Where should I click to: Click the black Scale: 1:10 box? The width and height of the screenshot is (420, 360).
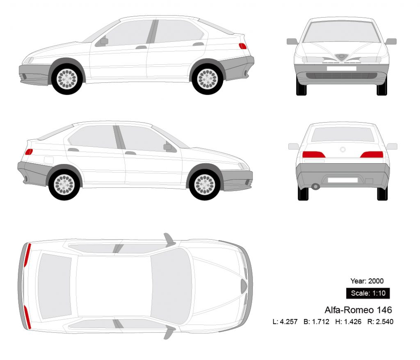[x=367, y=293]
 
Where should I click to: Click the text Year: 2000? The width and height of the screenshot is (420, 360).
[x=367, y=281]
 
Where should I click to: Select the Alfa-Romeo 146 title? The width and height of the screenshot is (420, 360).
[x=358, y=309]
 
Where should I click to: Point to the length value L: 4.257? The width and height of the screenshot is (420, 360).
[x=285, y=321]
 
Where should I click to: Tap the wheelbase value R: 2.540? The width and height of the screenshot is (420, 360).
[x=380, y=321]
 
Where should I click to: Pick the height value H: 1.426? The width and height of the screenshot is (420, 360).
[x=348, y=321]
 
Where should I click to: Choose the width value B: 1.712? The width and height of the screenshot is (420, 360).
[x=316, y=321]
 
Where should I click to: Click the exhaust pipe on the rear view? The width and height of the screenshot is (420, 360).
[x=315, y=187]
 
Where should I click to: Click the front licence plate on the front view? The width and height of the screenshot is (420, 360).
[x=341, y=68]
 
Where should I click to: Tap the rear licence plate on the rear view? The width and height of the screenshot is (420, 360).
[x=342, y=180]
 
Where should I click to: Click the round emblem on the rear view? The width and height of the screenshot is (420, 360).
[x=343, y=149]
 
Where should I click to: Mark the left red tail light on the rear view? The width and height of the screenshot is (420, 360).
[x=314, y=155]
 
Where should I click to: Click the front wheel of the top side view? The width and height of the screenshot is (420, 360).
[x=67, y=79]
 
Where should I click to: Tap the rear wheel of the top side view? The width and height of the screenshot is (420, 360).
[x=207, y=79]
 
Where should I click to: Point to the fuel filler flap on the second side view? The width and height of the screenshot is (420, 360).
[x=48, y=160]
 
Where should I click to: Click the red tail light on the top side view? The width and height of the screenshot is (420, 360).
[x=242, y=46]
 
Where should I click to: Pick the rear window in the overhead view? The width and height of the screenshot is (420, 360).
[x=54, y=286]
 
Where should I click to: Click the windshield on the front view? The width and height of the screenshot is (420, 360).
[x=341, y=32]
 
